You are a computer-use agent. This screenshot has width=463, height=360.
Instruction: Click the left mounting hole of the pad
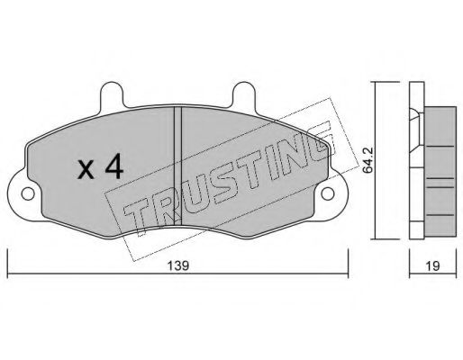click(x=28, y=194)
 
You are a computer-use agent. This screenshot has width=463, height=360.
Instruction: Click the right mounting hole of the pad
click(x=328, y=193)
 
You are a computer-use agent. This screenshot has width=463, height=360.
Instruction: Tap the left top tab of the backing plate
click(x=112, y=94)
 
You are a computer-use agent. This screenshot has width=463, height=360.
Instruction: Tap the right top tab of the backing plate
click(x=244, y=94)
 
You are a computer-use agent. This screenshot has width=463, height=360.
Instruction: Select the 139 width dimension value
click(x=178, y=265)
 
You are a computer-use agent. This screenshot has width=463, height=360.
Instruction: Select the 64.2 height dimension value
click(x=368, y=160)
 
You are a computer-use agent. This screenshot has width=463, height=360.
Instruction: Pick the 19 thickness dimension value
click(x=432, y=265)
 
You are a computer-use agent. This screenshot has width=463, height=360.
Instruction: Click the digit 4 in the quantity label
click(x=114, y=166)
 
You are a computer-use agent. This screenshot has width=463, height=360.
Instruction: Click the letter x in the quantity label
click(x=86, y=170)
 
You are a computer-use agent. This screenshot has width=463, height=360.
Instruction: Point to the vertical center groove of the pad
click(x=178, y=166)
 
